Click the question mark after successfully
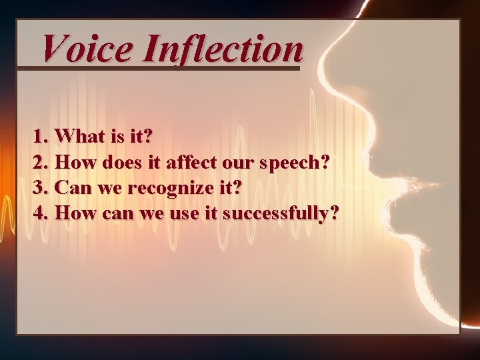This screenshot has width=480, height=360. pos(333,213)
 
